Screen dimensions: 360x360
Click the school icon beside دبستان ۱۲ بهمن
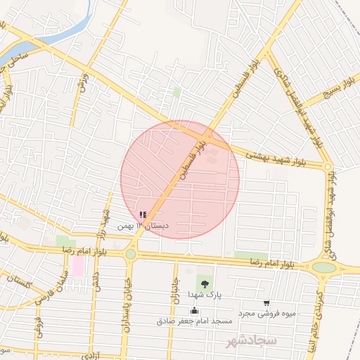pyautogui.click(x=143, y=215)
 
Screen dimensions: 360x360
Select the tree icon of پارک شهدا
pyautogui.click(x=204, y=284)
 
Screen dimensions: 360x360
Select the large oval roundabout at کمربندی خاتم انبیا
pyautogui.click(x=324, y=267)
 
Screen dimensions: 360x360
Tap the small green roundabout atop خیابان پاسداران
pyautogui.click(x=131, y=254)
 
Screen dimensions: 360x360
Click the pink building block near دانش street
pyautogui.click(x=78, y=266)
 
